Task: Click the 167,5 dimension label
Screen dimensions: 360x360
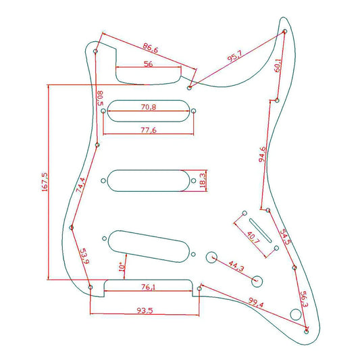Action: [x=45, y=182]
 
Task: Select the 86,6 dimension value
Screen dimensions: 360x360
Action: [x=151, y=48]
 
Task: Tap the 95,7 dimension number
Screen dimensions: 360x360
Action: [x=234, y=56]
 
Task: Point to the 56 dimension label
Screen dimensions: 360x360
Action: [x=148, y=63]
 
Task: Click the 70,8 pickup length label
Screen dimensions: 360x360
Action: [x=149, y=107]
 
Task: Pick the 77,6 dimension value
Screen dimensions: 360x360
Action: [x=149, y=130]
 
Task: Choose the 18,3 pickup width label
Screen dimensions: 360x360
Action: [x=203, y=180]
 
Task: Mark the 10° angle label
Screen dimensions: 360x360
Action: [x=122, y=266]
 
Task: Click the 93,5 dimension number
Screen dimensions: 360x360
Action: [x=145, y=311]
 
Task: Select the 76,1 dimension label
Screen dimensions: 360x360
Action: [x=148, y=287]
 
